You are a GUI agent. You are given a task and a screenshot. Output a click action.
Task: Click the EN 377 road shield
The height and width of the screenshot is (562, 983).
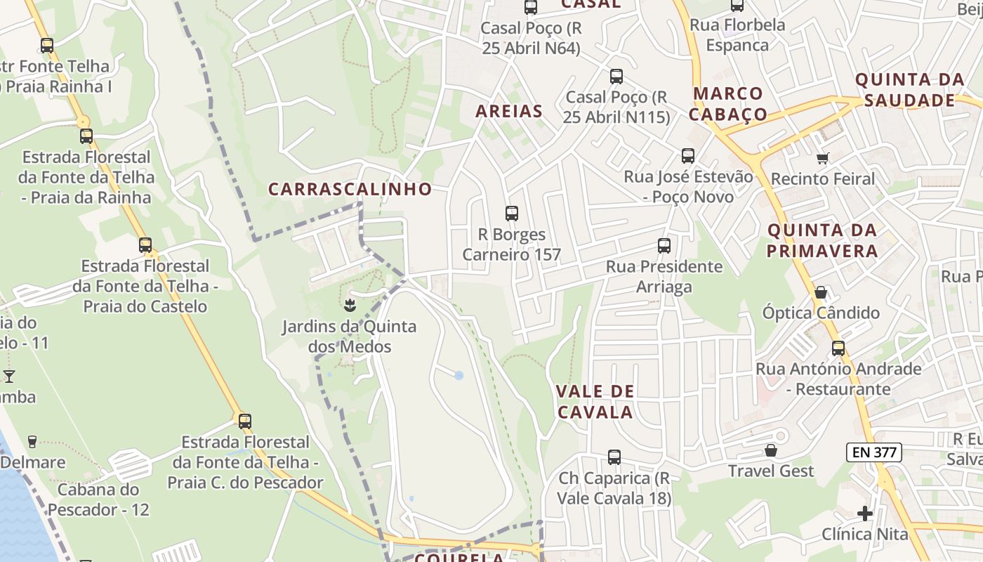point(873,452)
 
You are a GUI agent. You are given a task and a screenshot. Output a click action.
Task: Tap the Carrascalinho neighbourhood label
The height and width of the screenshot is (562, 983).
point(350,189)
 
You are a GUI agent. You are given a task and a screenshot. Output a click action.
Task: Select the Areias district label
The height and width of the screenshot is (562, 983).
point(509,111)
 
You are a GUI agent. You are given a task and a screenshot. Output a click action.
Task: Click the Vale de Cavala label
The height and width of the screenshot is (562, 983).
point(595,402)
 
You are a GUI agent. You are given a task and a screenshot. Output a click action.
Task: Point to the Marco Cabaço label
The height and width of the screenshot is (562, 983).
point(727,103)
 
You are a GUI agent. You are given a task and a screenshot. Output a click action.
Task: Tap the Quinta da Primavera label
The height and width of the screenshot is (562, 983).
point(822,240)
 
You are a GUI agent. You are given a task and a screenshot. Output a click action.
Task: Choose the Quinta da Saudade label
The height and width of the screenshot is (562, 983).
point(910,90)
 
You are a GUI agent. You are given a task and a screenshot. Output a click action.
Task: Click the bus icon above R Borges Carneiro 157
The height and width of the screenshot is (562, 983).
point(511,214)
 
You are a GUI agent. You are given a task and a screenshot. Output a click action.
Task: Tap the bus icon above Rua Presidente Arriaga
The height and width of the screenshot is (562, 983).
point(664,246)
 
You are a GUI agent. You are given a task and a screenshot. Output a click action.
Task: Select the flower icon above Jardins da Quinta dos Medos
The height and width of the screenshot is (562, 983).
point(348,306)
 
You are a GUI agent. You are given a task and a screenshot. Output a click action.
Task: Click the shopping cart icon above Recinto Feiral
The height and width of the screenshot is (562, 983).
point(822,159)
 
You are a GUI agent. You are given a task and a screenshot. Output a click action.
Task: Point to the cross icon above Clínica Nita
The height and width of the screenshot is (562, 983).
point(865,514)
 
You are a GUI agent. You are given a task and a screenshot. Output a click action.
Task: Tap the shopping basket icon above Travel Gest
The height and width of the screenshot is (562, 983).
point(771,450)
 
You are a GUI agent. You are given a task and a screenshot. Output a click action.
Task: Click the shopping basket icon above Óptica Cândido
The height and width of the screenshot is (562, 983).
point(820,292)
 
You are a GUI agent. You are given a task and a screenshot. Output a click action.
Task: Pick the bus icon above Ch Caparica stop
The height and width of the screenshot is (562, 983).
point(614,457)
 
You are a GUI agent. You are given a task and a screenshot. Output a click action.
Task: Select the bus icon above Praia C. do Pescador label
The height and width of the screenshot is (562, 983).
point(244,421)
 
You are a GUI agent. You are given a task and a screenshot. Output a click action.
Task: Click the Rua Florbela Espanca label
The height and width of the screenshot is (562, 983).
point(737,35)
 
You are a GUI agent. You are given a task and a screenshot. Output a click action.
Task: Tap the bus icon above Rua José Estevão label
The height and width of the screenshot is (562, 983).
point(687,156)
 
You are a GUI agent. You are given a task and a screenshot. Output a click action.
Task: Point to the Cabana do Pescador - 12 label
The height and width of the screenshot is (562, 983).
point(103,499)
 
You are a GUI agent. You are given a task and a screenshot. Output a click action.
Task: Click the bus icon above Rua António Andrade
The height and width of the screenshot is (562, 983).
point(838,348)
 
